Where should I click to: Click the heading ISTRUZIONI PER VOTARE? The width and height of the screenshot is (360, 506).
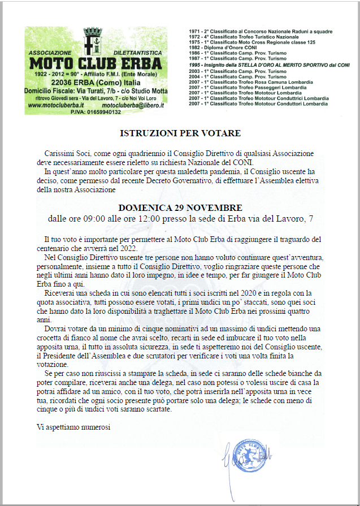[x=180, y=133]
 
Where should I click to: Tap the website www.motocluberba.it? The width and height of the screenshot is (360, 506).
[x=56, y=105]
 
